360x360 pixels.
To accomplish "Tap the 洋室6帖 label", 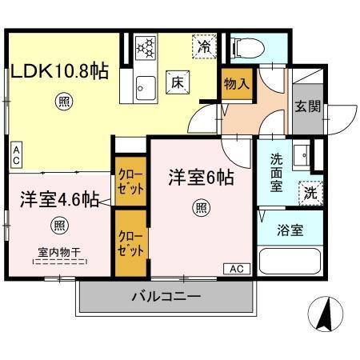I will pyautogui.click(x=201, y=177).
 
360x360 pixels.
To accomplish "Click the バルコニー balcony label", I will pyautogui.click(x=166, y=297).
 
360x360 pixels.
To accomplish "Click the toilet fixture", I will pyautogui.click(x=243, y=48).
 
